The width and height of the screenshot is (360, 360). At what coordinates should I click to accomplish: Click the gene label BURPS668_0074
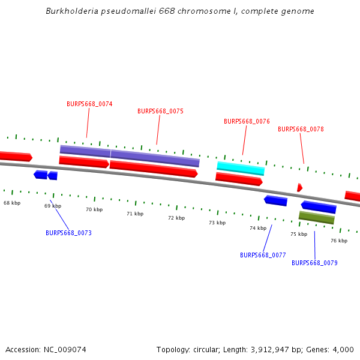89,104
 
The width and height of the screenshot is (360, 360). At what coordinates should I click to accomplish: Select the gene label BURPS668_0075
160,111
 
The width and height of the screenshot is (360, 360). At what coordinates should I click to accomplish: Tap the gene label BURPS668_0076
247,121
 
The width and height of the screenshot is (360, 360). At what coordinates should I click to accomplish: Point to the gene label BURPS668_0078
301,129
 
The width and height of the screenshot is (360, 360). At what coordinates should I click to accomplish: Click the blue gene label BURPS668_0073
68,233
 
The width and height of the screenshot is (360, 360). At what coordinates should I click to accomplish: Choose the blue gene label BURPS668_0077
263,255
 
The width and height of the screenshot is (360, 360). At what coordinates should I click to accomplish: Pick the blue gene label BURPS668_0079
314,263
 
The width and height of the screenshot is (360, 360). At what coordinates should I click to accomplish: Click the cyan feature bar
241,168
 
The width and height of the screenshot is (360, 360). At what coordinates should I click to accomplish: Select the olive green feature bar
316,217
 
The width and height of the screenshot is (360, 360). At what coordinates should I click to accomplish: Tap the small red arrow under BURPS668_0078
299,188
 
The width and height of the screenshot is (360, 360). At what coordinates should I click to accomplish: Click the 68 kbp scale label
12,203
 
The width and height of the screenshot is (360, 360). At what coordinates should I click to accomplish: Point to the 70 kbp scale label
94,210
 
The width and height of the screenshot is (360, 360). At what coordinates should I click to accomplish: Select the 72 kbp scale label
176,218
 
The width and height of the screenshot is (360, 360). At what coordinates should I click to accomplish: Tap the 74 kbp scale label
258,228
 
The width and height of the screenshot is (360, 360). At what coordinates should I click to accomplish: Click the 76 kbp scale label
339,241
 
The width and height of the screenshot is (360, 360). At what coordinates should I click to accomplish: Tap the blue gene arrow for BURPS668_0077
276,200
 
